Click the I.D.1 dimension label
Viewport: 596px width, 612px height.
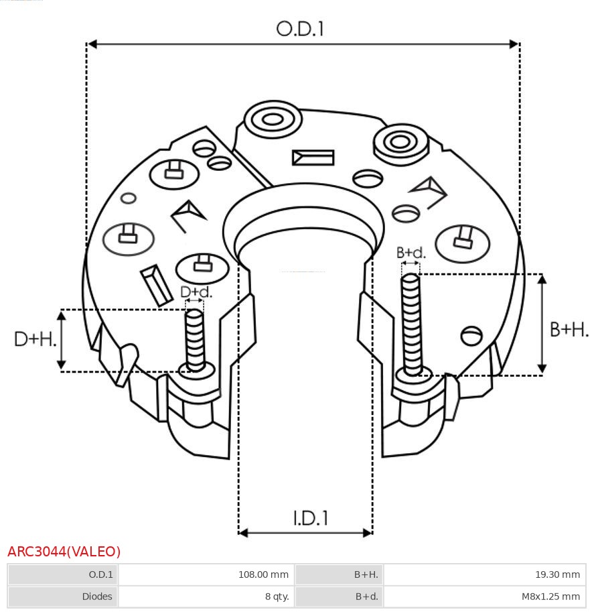coord(310,517)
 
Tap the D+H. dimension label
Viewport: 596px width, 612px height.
coord(34,339)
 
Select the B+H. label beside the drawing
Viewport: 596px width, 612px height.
coord(569,329)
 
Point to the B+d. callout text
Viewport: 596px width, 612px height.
coord(411,253)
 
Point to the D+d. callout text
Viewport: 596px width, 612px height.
coord(196,292)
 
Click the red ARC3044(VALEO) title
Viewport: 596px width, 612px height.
coord(64,552)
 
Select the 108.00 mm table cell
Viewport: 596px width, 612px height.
coord(263,574)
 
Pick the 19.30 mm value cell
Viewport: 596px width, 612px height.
coord(556,574)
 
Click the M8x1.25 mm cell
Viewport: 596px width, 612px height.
coord(550,596)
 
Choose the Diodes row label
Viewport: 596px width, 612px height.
coord(97,596)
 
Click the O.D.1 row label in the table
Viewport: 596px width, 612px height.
coord(101,574)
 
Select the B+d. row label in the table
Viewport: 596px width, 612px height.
coord(366,596)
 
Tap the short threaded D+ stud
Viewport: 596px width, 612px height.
coord(195,339)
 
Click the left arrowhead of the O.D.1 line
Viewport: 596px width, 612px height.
coord(92,44)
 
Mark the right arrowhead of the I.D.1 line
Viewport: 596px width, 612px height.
coord(367,533)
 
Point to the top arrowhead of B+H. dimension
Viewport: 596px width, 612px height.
coord(542,278)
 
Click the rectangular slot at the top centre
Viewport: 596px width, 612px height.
coord(313,158)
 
